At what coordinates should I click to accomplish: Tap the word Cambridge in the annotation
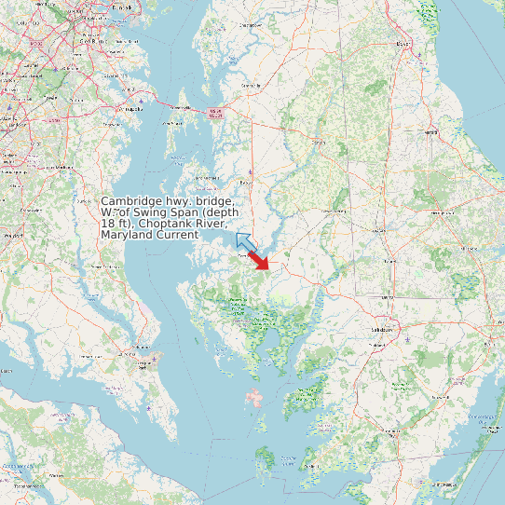coord(133,201)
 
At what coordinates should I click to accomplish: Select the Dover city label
coord(403,44)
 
